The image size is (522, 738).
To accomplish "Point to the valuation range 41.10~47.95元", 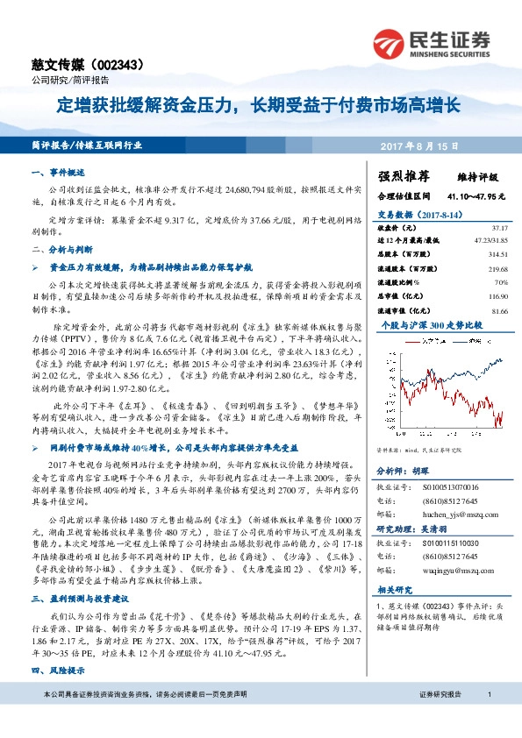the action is (478, 195).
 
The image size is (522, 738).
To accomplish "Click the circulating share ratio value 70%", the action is (501, 282).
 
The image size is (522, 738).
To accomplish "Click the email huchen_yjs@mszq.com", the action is (447, 516).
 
